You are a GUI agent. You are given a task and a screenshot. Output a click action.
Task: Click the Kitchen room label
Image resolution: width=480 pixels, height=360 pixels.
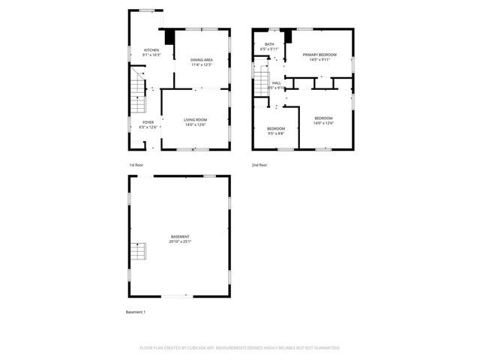point(151,50)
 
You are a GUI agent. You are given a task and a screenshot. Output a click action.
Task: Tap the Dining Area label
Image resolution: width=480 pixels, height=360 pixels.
point(201,59)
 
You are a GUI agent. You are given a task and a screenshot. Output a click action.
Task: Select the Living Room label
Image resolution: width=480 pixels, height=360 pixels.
point(195,119)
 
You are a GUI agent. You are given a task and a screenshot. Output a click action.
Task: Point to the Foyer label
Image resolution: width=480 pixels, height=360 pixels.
point(148,122)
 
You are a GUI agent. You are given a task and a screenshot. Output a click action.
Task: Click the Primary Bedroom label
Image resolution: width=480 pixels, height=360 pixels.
point(319,55)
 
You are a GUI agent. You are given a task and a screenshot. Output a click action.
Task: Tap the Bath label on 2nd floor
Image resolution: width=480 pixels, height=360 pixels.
point(269,45)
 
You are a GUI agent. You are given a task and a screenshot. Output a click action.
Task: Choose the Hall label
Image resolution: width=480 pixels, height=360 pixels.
point(277,82)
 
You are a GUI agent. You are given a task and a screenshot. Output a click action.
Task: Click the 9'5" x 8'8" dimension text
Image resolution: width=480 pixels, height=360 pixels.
point(276,133)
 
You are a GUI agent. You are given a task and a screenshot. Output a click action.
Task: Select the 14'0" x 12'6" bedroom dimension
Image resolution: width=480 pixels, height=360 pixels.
point(324,124)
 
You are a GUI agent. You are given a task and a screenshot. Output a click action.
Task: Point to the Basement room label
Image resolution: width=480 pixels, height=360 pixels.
point(180,236)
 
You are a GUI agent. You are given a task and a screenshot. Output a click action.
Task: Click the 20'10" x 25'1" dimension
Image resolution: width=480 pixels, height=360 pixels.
point(180,241)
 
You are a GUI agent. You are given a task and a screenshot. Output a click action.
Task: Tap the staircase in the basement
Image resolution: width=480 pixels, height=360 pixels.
point(137,252)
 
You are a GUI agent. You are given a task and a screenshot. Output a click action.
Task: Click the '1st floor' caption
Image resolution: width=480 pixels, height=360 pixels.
point(135,164)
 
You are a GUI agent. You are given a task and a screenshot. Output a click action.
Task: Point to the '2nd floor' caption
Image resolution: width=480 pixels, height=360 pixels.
point(259,164)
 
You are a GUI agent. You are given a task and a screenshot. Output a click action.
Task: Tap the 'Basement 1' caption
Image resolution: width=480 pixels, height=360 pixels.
point(135,311)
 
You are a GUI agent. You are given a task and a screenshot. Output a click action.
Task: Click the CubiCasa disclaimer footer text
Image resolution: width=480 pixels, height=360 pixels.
point(240,348)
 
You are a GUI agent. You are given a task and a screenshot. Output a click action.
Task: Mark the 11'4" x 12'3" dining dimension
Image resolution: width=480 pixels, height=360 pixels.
point(201,64)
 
